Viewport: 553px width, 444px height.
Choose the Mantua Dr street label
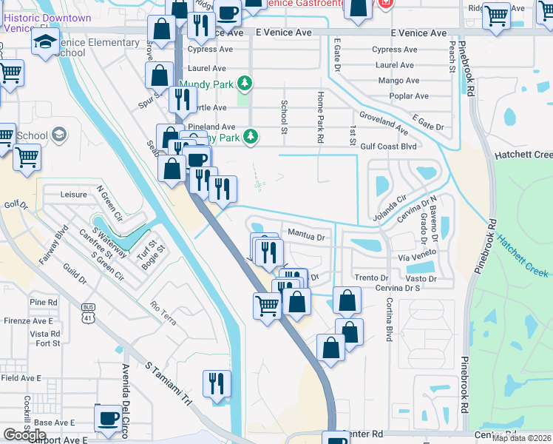(306, 237)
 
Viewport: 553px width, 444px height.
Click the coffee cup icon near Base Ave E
(109, 419)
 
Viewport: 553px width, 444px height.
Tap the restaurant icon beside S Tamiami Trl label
(216, 385)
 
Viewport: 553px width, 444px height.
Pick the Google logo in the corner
(24, 435)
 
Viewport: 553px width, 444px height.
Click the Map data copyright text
(522, 438)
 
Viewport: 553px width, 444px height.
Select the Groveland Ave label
(382, 123)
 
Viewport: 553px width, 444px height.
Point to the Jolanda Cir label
(392, 201)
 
